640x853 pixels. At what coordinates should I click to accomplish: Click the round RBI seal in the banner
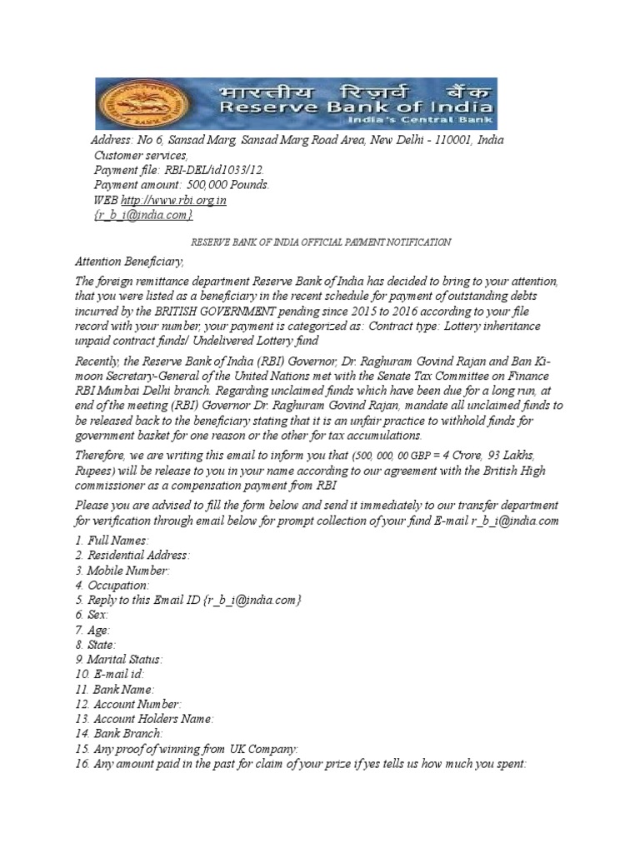(x=123, y=104)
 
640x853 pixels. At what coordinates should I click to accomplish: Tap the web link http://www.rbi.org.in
(x=173, y=201)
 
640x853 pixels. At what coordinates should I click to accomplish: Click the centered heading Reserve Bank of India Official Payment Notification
(x=322, y=242)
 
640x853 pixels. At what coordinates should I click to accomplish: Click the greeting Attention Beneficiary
(x=129, y=262)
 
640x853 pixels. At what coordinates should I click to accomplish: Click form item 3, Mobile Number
(x=122, y=571)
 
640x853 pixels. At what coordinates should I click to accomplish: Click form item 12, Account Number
(x=127, y=704)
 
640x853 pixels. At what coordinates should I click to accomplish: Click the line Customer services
(x=140, y=155)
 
